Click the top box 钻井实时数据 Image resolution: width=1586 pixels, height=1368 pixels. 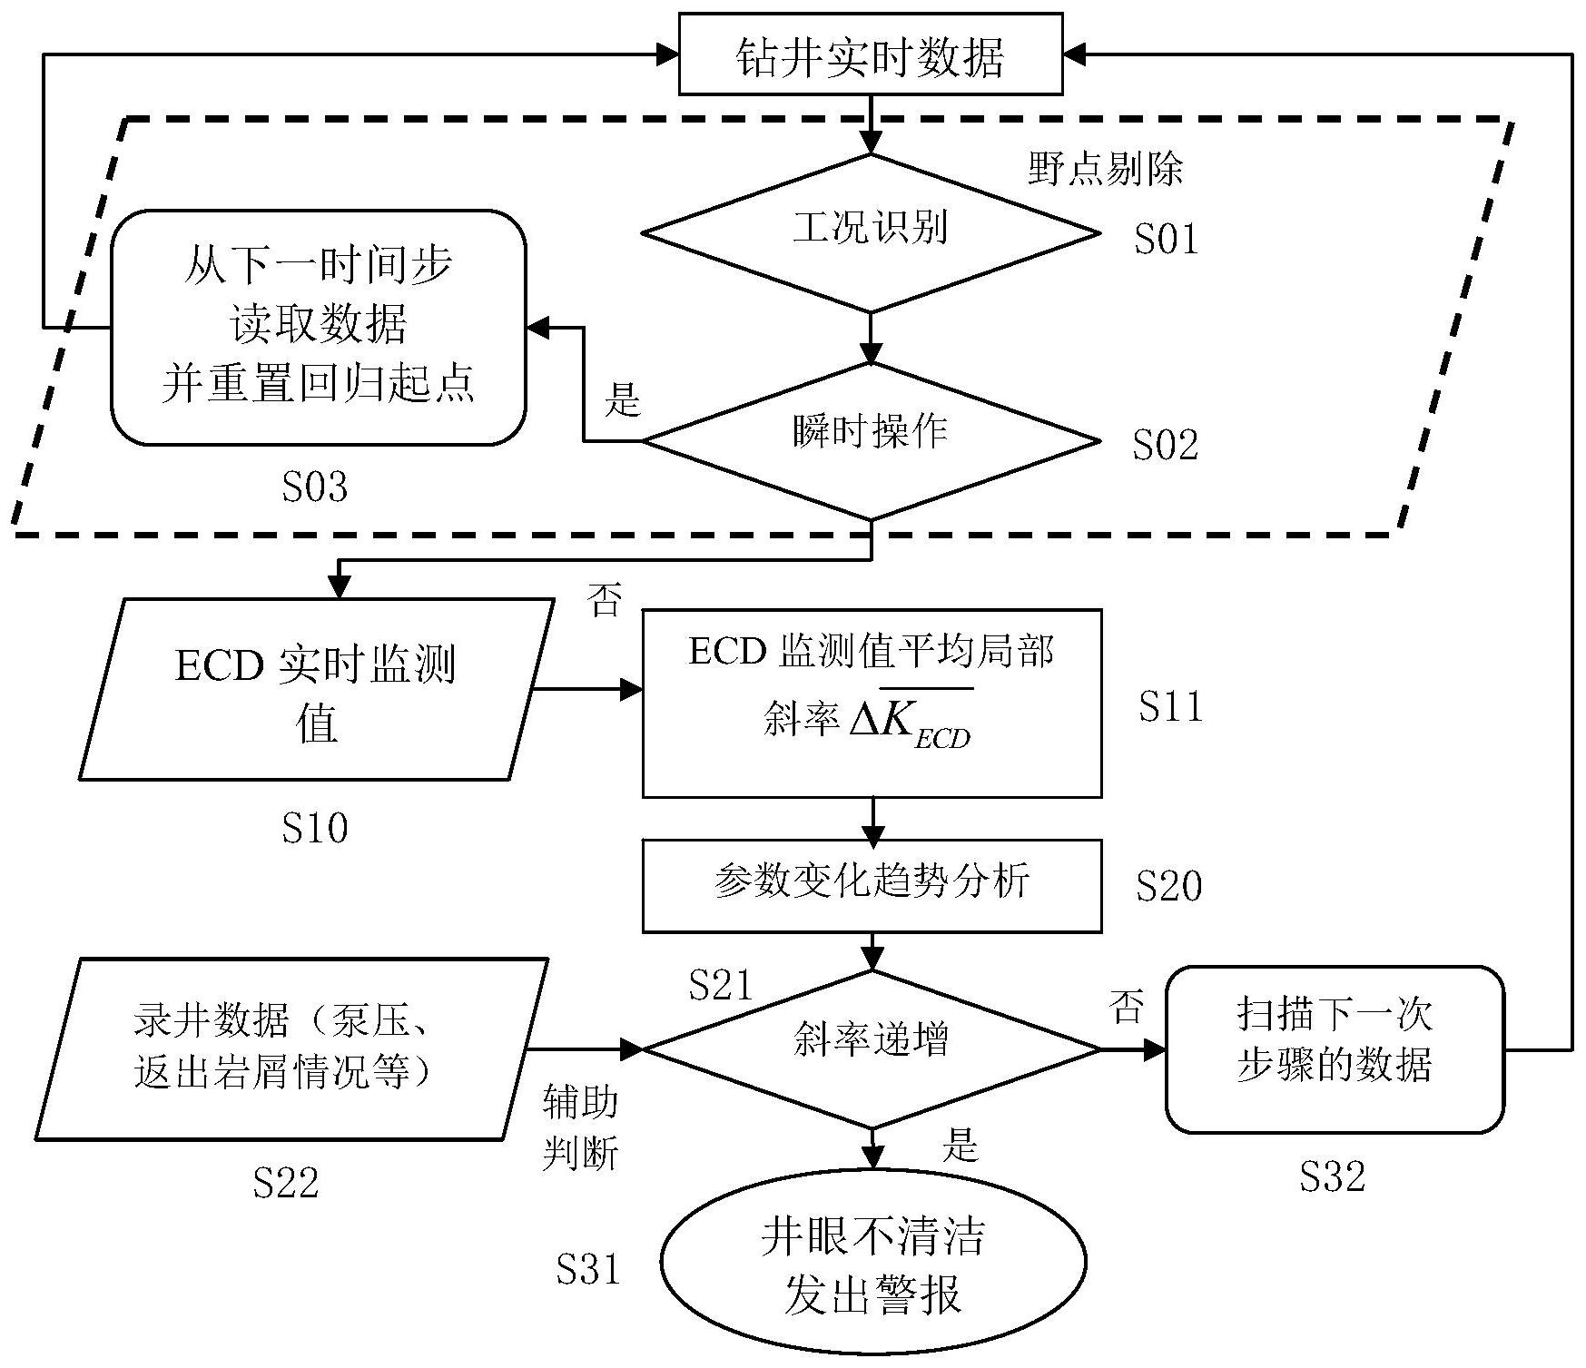pos(871,55)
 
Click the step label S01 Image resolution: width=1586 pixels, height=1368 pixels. pos(1166,239)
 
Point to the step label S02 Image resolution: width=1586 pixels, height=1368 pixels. pos(1166,445)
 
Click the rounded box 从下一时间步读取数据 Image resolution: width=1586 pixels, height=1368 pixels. pos(318,327)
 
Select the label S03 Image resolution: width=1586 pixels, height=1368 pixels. pos(314,487)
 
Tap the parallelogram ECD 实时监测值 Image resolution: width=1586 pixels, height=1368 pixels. pos(316,690)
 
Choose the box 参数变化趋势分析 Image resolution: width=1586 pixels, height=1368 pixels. pos(872,884)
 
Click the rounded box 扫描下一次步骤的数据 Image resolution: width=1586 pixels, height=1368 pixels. pos(1334,1048)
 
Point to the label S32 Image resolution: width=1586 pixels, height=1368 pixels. pos(1332,1177)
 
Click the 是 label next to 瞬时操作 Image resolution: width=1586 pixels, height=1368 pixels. pos(622,399)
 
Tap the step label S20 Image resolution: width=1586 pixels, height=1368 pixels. pos(1168,886)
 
